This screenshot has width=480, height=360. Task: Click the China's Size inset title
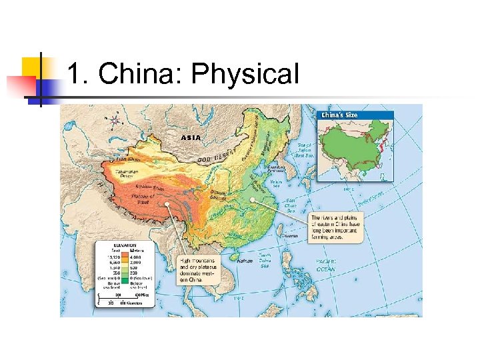tap(340, 115)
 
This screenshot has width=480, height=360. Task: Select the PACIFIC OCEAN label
tap(326, 265)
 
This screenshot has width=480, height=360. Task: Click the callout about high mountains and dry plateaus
tap(197, 270)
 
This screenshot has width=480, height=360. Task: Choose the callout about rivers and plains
tap(336, 227)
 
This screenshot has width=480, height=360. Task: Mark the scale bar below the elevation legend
tap(123, 297)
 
